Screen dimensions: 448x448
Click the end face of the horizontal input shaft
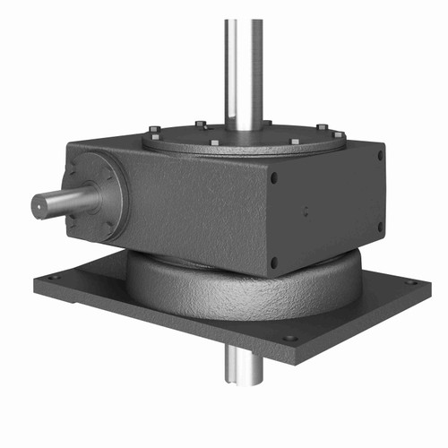point(41,205)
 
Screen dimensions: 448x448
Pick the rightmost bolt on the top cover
point(340,135)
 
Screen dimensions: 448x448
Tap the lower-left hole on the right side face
point(274,263)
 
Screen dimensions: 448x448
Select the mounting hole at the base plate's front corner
point(289,339)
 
